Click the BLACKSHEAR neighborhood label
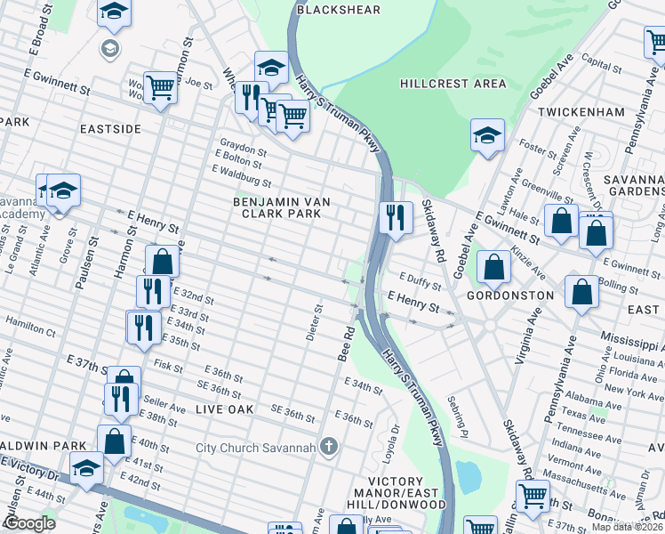[x=338, y=10]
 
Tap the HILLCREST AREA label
[x=453, y=84]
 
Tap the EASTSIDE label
[x=110, y=129]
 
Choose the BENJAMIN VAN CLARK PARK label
[x=282, y=208]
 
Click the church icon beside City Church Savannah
[x=329, y=446]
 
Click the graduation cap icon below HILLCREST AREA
[x=487, y=136]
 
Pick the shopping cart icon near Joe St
[x=160, y=87]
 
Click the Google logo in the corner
[x=30, y=523]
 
